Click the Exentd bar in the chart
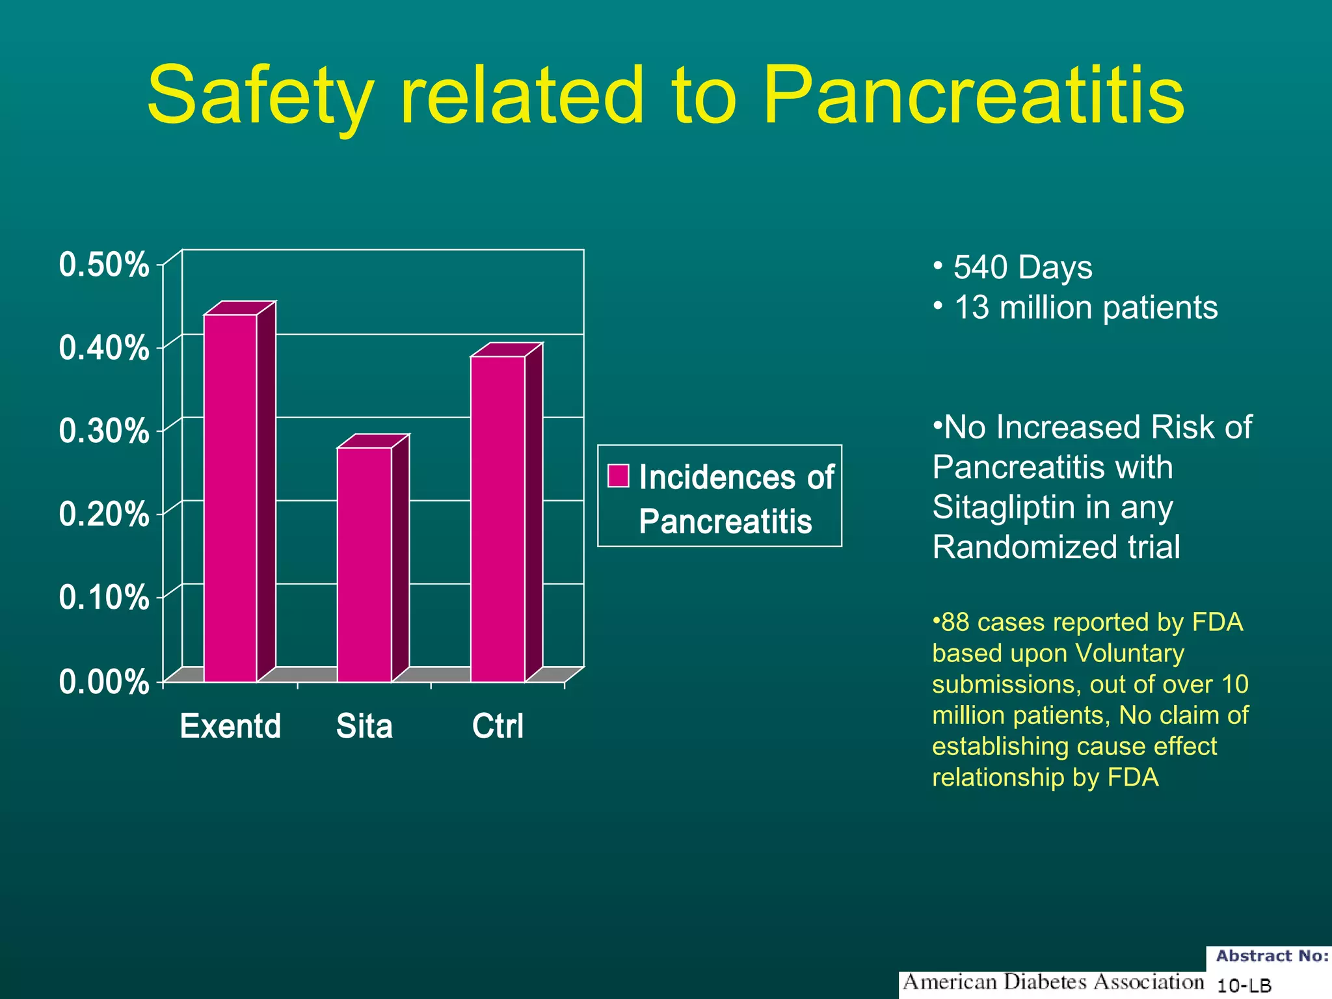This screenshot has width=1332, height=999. [x=231, y=498]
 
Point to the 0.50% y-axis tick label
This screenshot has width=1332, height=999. [x=103, y=265]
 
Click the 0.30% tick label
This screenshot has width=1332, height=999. [x=103, y=431]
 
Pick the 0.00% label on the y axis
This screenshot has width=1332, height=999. [x=103, y=682]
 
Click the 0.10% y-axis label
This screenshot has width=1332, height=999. [x=103, y=597]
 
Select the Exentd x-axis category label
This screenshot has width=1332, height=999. [x=230, y=726]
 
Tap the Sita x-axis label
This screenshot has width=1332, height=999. [x=364, y=726]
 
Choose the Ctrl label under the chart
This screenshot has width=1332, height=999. [x=498, y=726]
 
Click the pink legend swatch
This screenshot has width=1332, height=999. [x=618, y=475]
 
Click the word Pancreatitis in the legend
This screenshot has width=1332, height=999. [x=725, y=522]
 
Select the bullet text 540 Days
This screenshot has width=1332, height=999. [x=1022, y=267]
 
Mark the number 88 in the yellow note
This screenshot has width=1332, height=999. [x=955, y=622]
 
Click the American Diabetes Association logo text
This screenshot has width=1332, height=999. [x=1053, y=981]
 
